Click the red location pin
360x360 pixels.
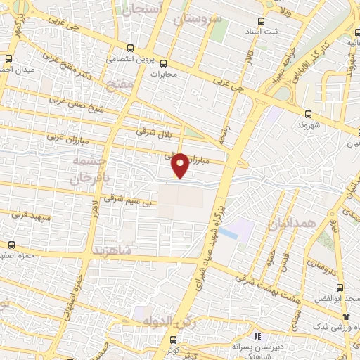click(181, 165)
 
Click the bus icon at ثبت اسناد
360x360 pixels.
click(262, 21)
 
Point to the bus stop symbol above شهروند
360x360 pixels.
click(309, 115)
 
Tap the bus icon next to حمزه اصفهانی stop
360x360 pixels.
click(11, 245)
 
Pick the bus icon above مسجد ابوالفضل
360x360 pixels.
click(340, 288)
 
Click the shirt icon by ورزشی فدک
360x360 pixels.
click(345, 318)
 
